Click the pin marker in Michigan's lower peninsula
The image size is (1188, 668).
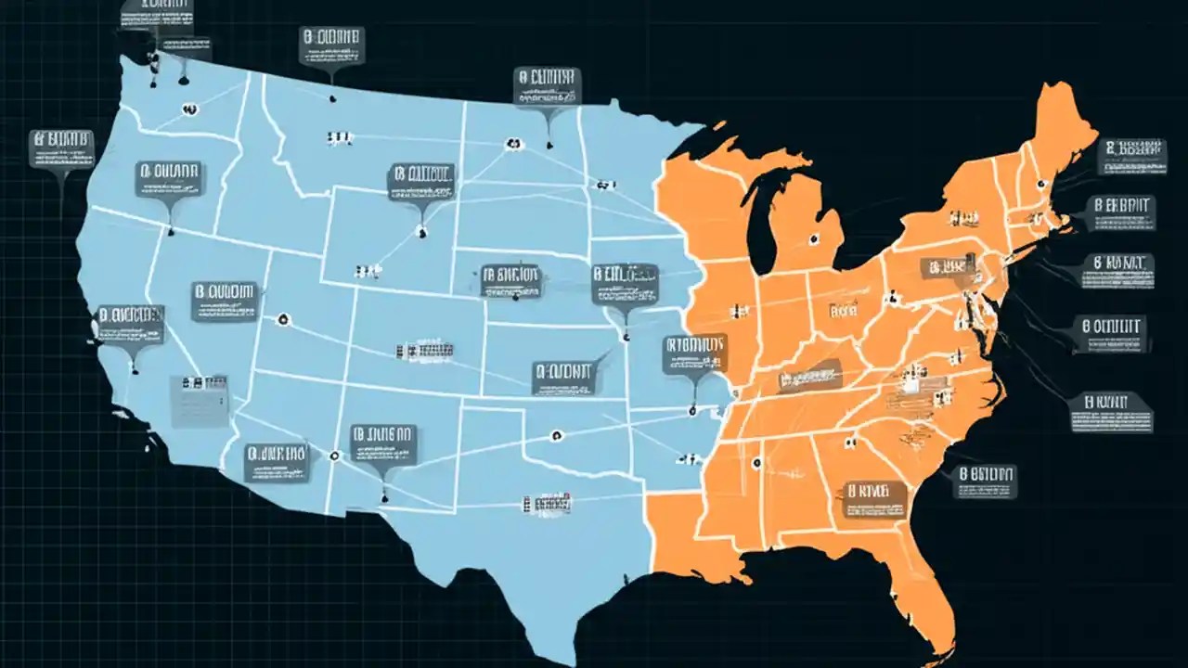click(814, 238)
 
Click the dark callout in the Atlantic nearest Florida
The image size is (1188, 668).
click(986, 482)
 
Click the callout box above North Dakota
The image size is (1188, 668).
click(548, 85)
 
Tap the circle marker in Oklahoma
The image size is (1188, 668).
click(556, 434)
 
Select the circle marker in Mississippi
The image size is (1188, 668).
click(756, 462)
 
